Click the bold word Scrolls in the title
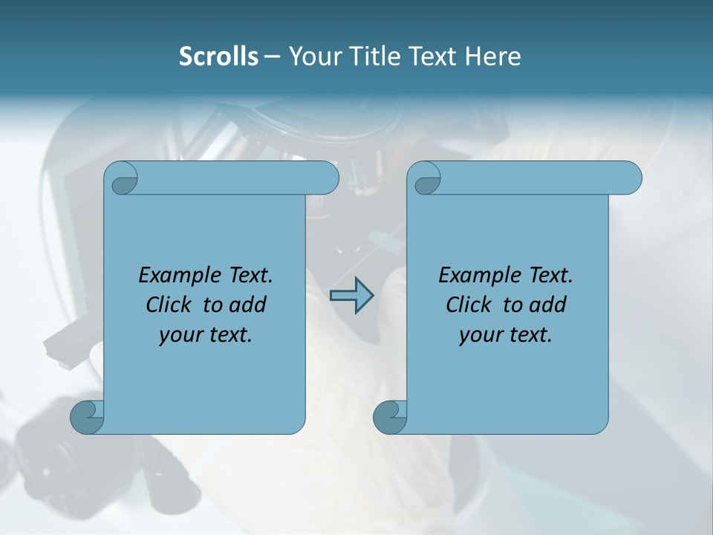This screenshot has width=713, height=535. (x=218, y=56)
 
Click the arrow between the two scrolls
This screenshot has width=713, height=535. (x=351, y=296)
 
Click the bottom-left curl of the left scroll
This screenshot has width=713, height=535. (x=88, y=416)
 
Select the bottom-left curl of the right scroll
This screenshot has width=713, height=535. (x=390, y=416)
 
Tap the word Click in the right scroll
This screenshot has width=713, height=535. (x=469, y=305)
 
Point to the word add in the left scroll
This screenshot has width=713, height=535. (x=248, y=305)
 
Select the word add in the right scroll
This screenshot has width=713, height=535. (x=548, y=305)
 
